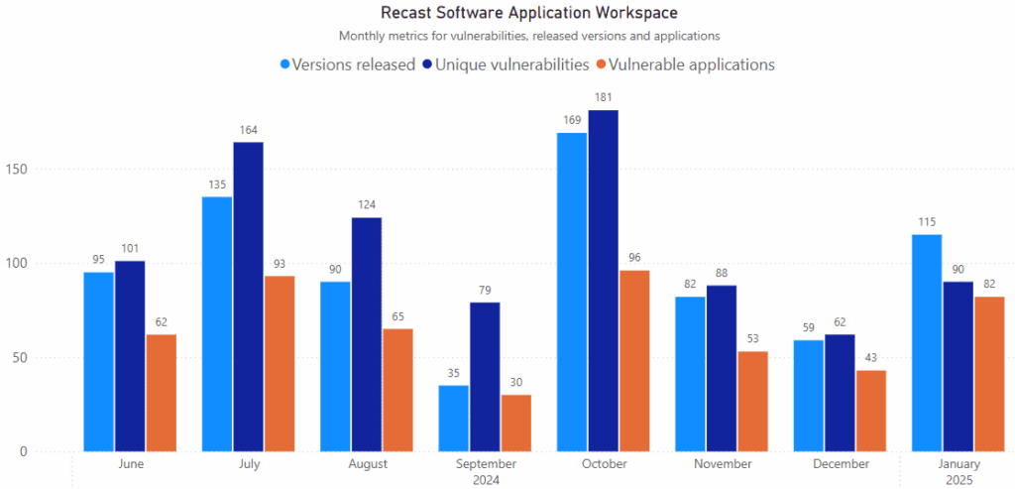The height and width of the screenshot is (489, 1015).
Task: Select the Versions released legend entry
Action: [x=347, y=64]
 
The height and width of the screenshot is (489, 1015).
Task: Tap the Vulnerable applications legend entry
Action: [x=684, y=64]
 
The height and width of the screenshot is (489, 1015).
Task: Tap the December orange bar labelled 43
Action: [x=871, y=411]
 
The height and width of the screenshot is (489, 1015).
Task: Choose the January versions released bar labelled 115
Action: [x=927, y=343]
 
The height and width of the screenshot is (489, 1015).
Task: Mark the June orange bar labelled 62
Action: [x=162, y=393]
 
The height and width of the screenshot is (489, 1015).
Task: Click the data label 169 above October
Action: [x=572, y=120]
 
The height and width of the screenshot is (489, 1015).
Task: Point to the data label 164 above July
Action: [x=248, y=130]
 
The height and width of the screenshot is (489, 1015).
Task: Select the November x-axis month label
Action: [x=722, y=464]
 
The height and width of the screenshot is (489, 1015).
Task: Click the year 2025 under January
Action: [x=959, y=480]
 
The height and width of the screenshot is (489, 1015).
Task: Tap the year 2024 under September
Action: [x=486, y=480]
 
